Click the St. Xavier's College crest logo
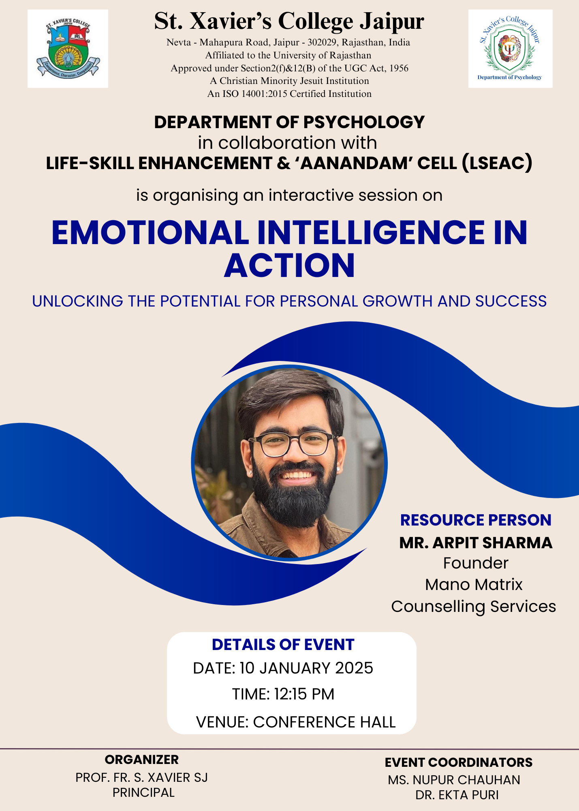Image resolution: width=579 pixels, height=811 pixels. click(68, 49)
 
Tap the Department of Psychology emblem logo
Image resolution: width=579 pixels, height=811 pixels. click(510, 49)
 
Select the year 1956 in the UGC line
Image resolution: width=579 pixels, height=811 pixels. click(399, 68)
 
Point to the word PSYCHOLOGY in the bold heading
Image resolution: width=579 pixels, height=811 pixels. click(364, 122)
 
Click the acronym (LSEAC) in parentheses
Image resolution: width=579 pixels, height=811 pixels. click(497, 163)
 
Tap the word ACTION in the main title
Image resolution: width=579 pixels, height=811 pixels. click(289, 266)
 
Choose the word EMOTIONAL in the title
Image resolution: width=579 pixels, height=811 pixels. click(150, 233)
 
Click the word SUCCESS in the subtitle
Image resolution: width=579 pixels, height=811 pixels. click(511, 301)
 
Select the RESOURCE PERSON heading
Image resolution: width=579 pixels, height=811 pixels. click(476, 520)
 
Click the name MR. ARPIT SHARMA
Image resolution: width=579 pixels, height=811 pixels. click(476, 543)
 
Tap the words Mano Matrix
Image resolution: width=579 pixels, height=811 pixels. click(474, 585)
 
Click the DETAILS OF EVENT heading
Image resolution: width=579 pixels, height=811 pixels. click(283, 645)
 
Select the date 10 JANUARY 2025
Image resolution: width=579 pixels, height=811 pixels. click(306, 668)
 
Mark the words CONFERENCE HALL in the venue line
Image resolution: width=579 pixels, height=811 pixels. click(324, 722)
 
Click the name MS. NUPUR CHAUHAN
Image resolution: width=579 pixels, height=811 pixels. click(454, 780)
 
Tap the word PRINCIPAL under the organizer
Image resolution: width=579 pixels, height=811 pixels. click(143, 792)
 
